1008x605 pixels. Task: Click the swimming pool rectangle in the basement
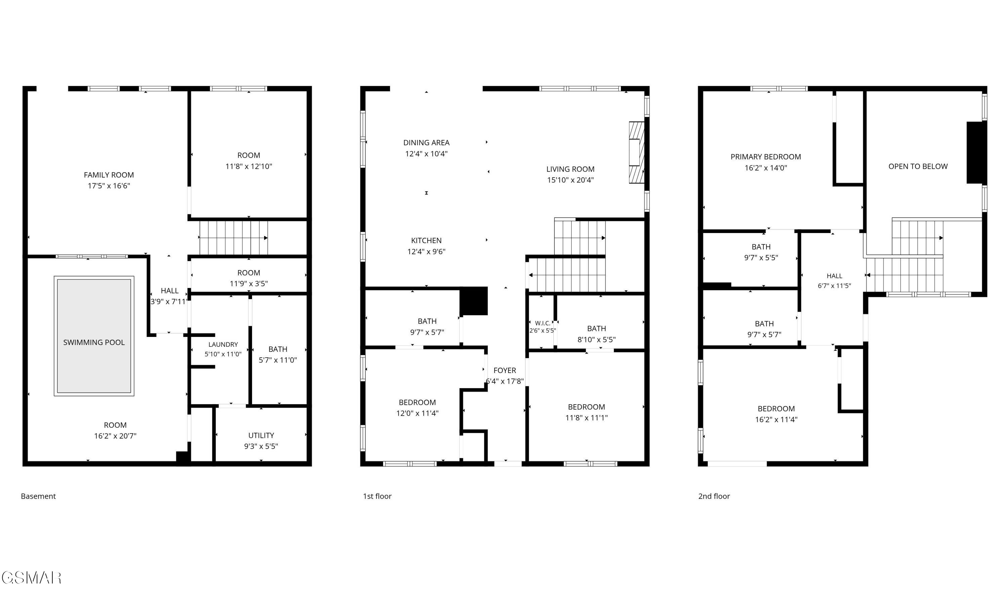click(94, 336)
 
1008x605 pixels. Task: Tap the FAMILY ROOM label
click(109, 175)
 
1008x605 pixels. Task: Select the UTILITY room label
click(261, 436)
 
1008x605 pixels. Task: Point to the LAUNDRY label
click(223, 344)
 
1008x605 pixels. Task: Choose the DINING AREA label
click(426, 143)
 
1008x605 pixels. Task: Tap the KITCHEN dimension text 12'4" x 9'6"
click(426, 252)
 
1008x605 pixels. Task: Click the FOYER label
click(505, 370)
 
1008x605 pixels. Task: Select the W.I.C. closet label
click(543, 323)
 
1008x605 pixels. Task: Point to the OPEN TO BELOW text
click(918, 166)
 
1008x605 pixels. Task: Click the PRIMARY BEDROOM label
click(766, 157)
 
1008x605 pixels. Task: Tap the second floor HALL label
click(835, 276)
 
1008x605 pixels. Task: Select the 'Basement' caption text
click(38, 496)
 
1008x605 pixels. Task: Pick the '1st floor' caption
click(377, 496)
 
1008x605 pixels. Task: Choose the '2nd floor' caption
click(714, 496)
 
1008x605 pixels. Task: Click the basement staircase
click(234, 238)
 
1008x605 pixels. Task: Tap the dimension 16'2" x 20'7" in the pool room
click(115, 436)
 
